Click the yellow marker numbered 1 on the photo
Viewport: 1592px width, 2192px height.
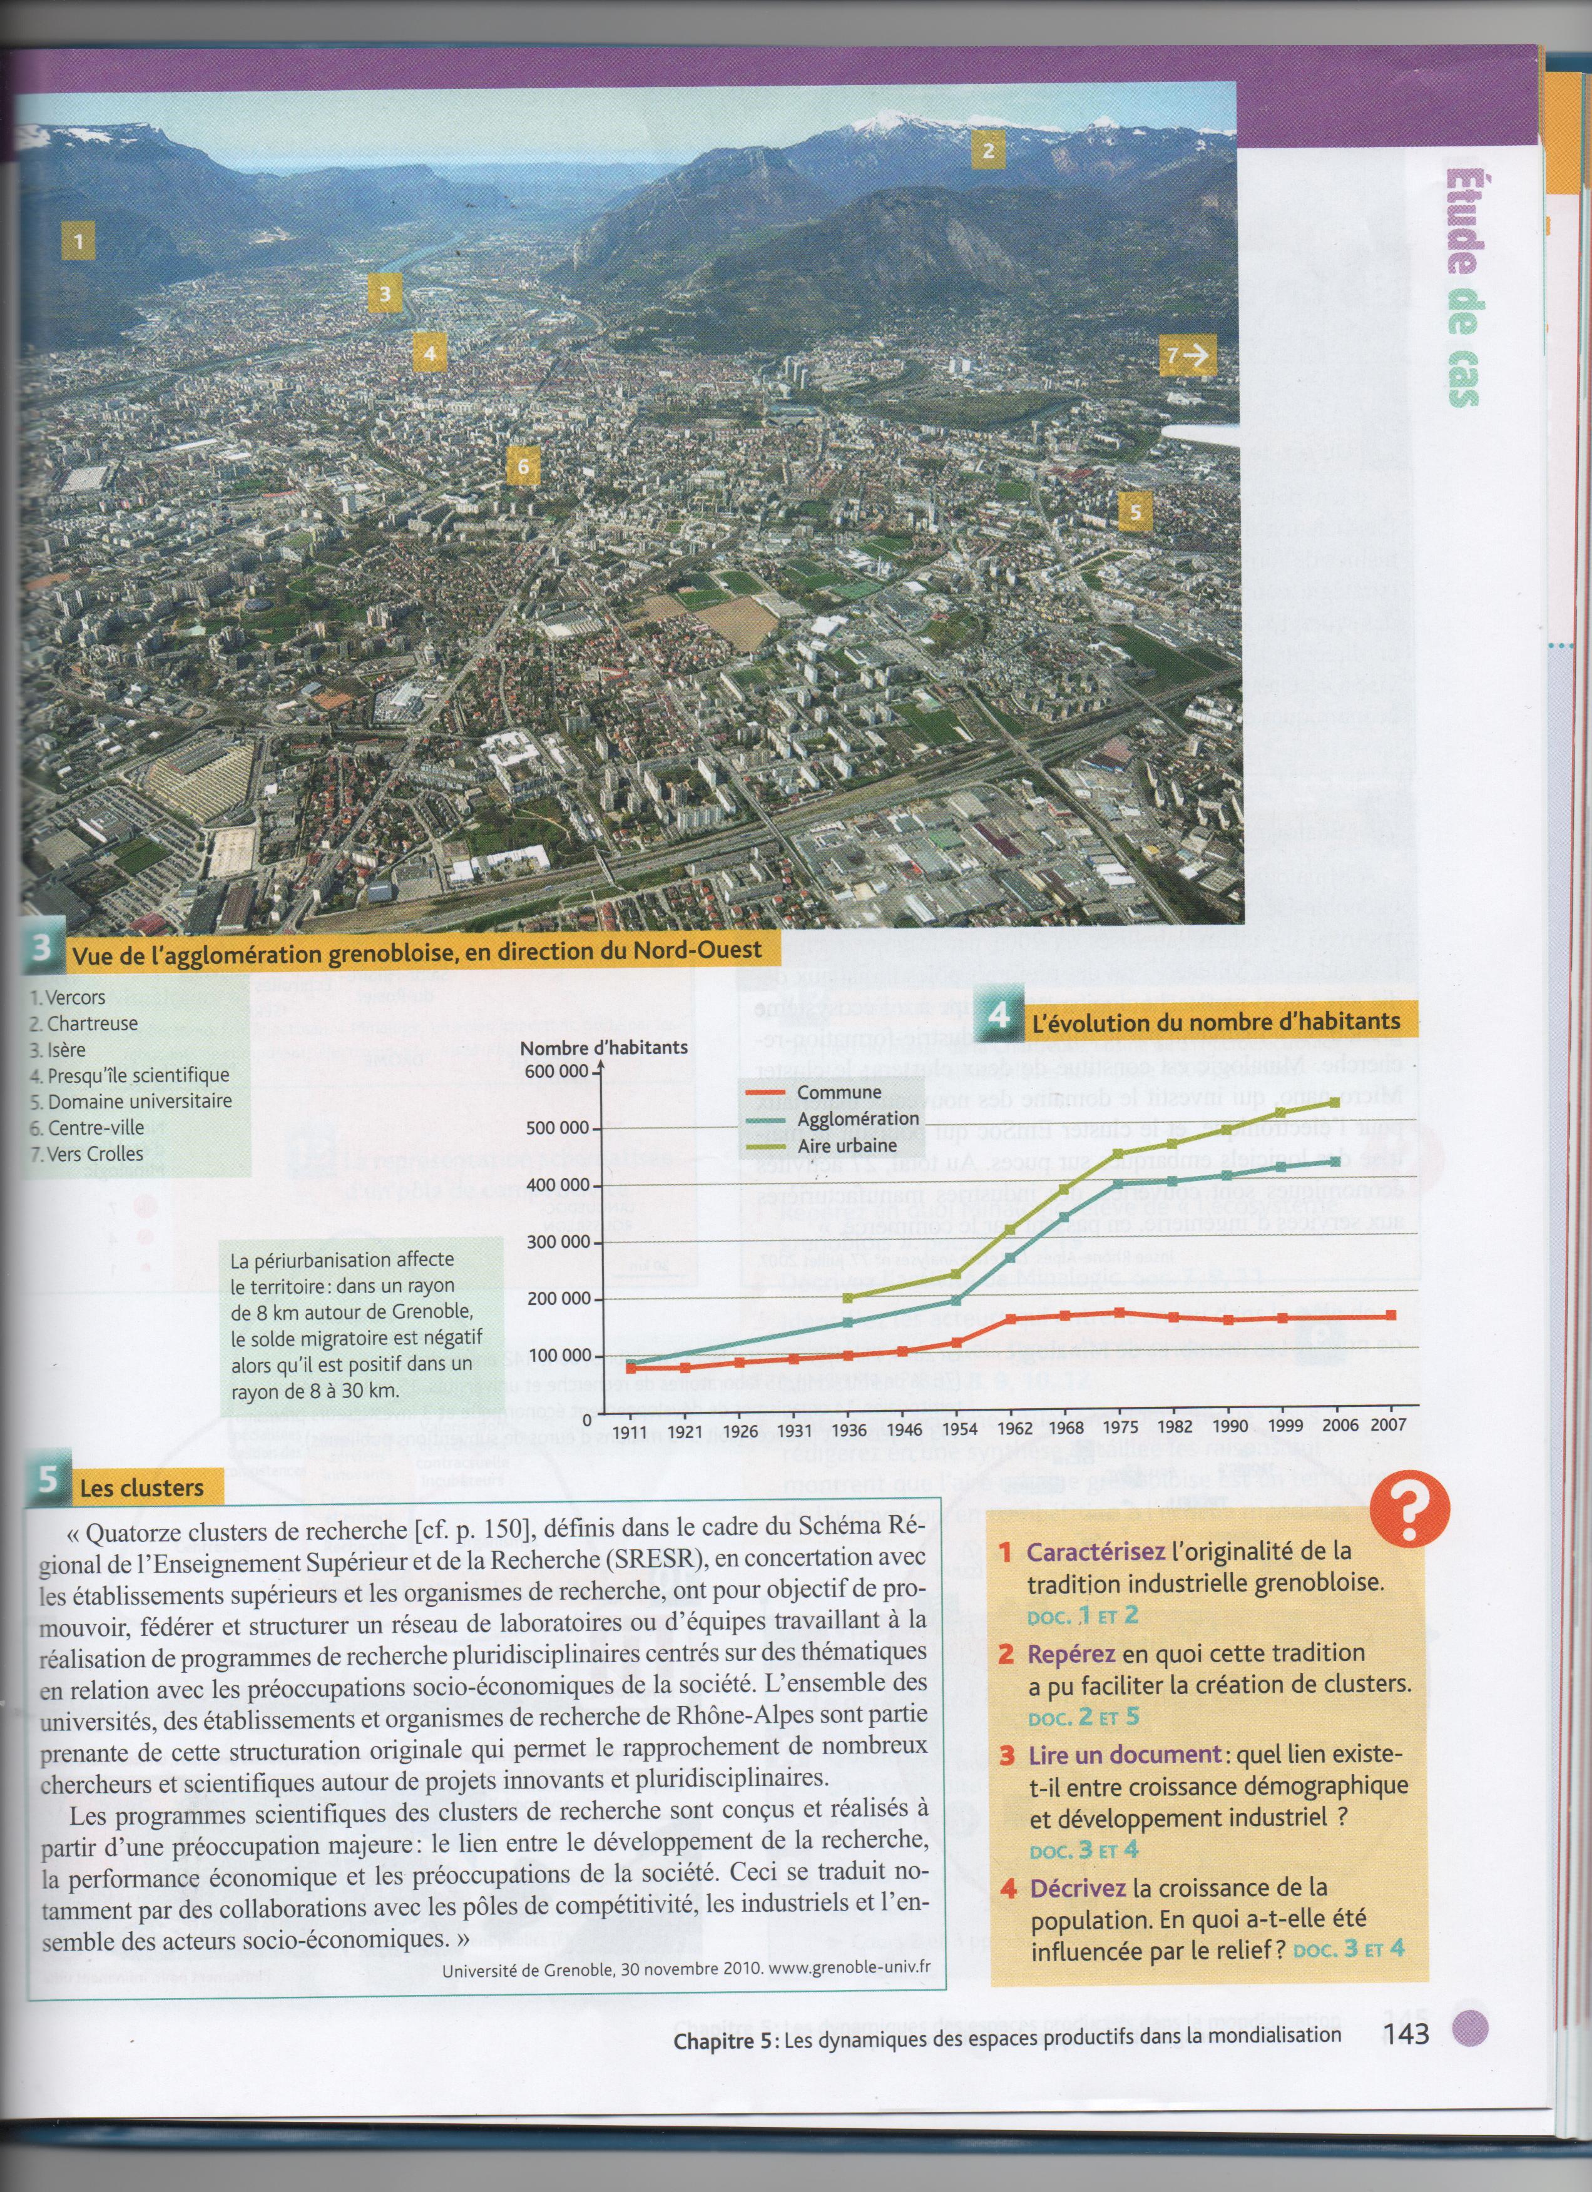78,240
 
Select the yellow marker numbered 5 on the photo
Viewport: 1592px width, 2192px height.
1135,511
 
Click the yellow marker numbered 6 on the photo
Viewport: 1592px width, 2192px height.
523,467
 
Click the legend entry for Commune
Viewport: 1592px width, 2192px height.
838,1093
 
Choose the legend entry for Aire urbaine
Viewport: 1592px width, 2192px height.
847,1145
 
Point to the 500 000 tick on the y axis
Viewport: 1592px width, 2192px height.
557,1128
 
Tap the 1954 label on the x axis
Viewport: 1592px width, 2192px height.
960,1428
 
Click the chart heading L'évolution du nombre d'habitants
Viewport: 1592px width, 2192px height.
1215,1022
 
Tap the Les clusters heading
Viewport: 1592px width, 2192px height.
141,1488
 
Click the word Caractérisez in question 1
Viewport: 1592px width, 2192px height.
1094,1552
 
